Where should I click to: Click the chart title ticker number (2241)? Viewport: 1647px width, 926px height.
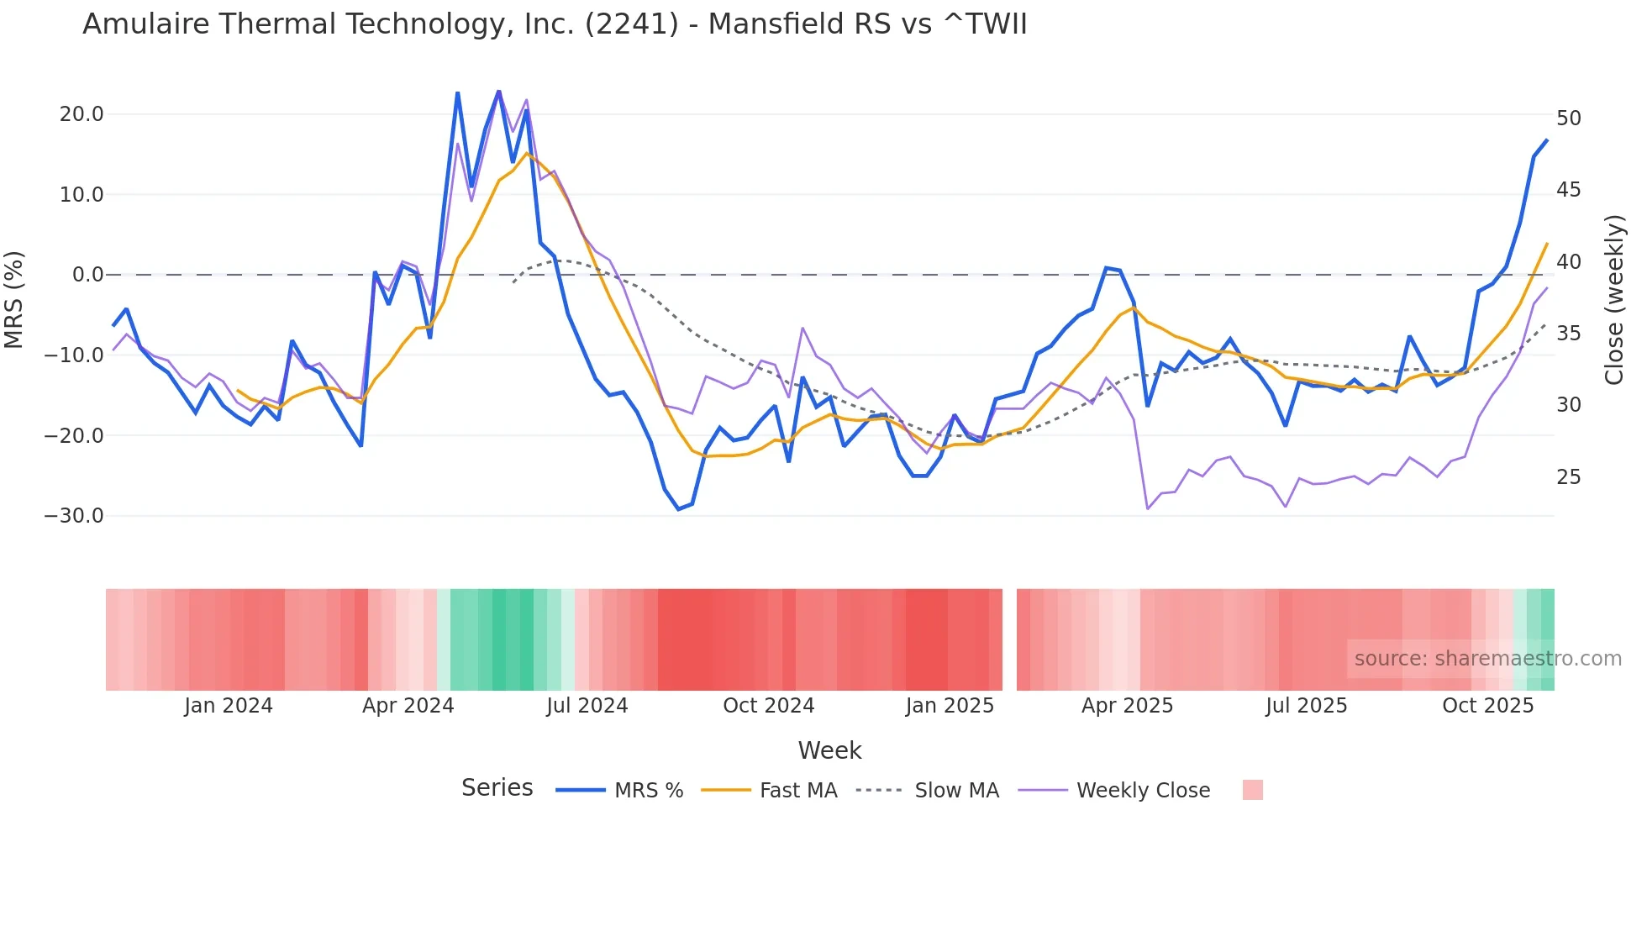(x=631, y=24)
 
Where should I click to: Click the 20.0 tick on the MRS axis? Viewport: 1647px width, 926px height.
(x=82, y=114)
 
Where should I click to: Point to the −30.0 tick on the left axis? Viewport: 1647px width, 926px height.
(x=74, y=516)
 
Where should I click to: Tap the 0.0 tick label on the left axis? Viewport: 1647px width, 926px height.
(x=87, y=275)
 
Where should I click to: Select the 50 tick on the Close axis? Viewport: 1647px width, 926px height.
(x=1568, y=118)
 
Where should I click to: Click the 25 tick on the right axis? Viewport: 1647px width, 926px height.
(x=1568, y=477)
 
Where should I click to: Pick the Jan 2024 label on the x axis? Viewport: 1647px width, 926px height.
(x=229, y=706)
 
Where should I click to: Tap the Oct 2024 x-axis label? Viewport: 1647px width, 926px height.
(x=768, y=706)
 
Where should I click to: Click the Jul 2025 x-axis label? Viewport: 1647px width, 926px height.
(x=1306, y=706)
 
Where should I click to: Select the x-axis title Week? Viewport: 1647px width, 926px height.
(x=829, y=750)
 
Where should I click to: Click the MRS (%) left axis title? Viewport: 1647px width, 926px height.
(x=14, y=299)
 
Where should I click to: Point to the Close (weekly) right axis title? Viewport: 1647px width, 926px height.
(x=1613, y=300)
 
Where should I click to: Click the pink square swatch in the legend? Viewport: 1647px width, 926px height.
(x=1252, y=790)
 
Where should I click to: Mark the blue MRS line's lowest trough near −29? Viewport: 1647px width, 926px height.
(x=678, y=509)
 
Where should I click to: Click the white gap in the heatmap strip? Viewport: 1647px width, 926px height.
(x=1009, y=639)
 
